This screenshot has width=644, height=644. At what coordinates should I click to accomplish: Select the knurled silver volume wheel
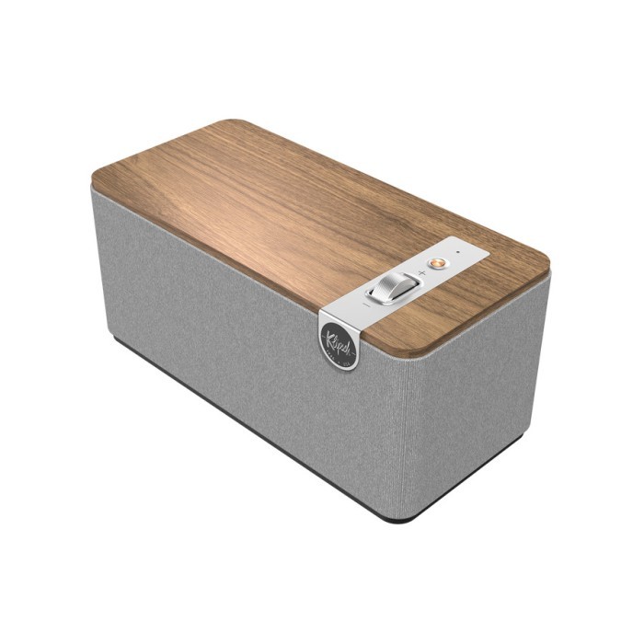tap(393, 287)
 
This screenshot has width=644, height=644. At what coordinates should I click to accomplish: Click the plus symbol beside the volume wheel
tap(421, 273)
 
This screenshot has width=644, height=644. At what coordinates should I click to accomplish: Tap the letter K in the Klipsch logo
tap(328, 335)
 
